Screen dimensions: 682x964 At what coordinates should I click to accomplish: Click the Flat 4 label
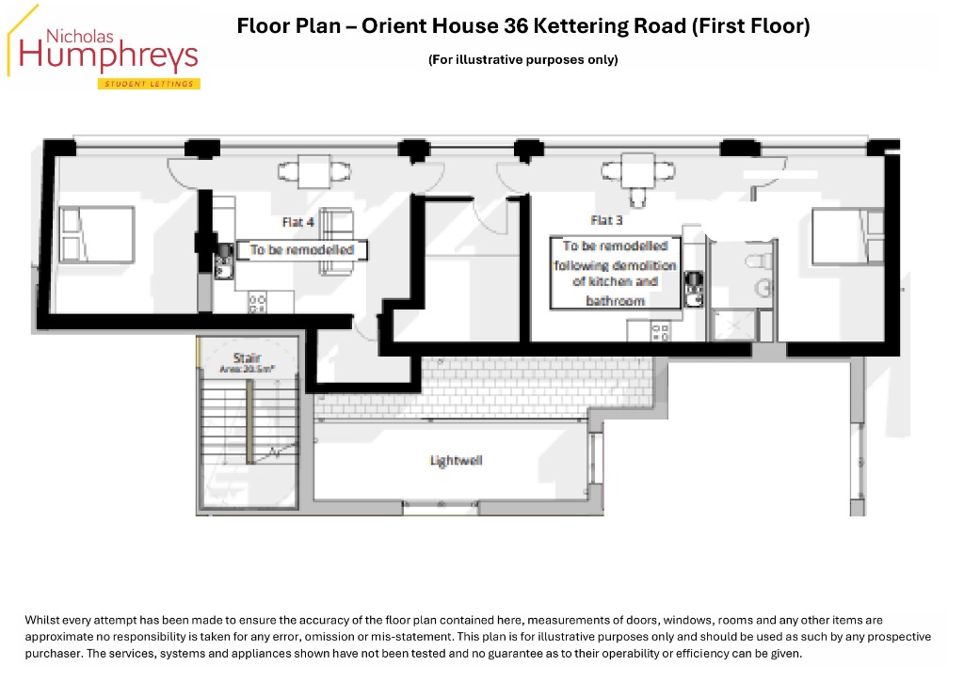[x=298, y=223]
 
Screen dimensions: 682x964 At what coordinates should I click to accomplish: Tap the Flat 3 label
[x=606, y=220]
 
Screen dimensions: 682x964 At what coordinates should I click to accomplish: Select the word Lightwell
[x=456, y=460]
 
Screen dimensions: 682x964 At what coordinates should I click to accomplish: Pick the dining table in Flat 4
[x=314, y=172]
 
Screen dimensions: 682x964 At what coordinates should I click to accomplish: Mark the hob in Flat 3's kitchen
[x=661, y=331]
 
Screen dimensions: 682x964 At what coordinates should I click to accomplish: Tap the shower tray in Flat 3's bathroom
[x=733, y=325]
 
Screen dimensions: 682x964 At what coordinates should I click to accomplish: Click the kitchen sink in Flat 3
[x=694, y=291]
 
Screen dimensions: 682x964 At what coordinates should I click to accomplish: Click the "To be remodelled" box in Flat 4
[x=302, y=250]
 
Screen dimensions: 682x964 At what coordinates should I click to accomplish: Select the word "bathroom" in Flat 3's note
[x=616, y=301]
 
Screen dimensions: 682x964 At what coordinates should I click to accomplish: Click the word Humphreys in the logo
[x=109, y=56]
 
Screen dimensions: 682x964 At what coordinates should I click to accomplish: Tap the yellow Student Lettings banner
[x=149, y=84]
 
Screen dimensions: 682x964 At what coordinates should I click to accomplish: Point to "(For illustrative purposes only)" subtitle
[x=522, y=60]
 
